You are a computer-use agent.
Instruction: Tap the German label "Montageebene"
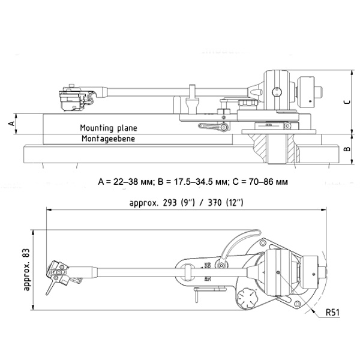tap(107, 139)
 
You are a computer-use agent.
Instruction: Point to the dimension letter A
tap(11, 123)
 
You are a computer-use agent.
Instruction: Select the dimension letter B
tap(347, 148)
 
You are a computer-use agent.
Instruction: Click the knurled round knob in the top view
tap(248, 300)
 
